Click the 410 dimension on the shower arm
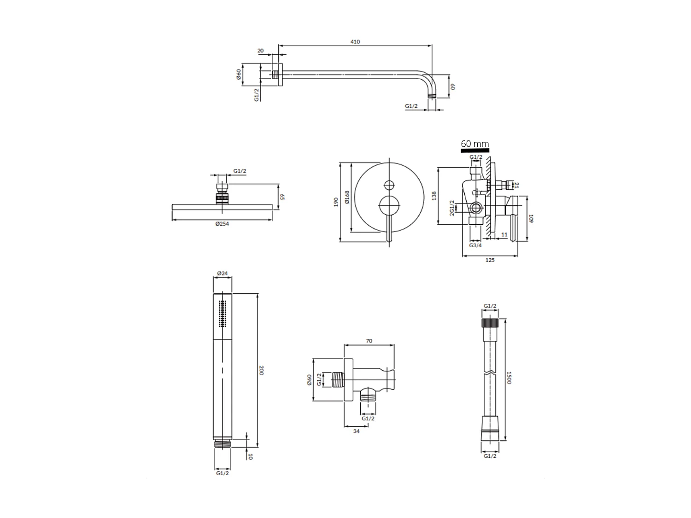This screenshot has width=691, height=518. [355, 41]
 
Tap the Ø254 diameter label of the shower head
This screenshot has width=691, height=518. [222, 224]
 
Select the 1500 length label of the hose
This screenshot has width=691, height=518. [509, 378]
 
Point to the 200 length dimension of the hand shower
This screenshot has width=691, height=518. [261, 370]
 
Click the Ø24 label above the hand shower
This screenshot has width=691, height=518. [223, 273]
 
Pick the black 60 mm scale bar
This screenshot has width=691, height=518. [474, 150]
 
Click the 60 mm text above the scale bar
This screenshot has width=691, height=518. [474, 144]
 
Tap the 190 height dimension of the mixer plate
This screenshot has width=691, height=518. [336, 202]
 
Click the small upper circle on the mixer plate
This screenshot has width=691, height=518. [389, 185]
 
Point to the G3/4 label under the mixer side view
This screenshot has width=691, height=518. [475, 245]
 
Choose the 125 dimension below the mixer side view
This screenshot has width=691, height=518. [490, 260]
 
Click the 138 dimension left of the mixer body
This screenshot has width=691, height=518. [433, 196]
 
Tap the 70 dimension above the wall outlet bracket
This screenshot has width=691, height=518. [369, 341]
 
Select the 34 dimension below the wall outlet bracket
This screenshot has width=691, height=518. [356, 431]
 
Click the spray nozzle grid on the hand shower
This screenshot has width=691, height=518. [223, 314]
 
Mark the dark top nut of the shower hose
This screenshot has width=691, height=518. [490, 322]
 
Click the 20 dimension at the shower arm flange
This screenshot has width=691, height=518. [261, 51]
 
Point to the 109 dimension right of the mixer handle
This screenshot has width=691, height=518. [530, 218]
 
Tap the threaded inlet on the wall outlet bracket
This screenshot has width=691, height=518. [338, 380]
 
